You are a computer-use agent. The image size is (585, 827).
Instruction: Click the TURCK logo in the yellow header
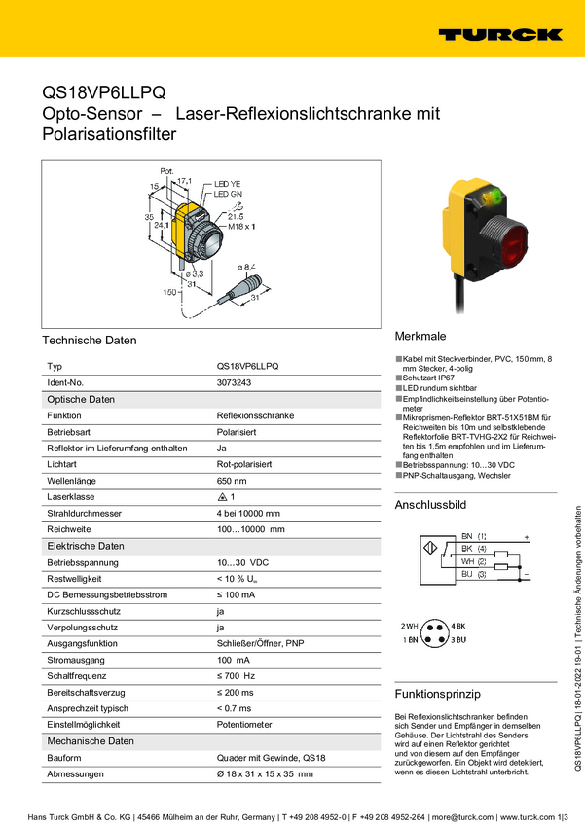click(x=500, y=34)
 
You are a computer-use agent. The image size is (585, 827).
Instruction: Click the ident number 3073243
click(x=234, y=383)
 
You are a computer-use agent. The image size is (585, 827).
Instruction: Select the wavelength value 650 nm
click(x=232, y=480)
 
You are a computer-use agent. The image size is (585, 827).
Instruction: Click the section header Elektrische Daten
click(x=86, y=546)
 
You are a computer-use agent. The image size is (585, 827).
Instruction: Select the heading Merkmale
click(x=420, y=333)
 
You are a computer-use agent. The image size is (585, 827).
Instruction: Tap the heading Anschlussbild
click(x=430, y=506)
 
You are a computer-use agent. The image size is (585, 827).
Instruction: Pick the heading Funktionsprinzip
click(x=438, y=695)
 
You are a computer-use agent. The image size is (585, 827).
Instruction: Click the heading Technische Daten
click(x=90, y=341)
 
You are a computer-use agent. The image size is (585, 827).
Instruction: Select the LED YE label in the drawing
click(x=228, y=184)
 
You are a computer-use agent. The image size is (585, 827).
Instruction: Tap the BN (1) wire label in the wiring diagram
click(x=474, y=536)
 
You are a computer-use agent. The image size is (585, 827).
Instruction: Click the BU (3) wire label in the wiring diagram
click(x=474, y=575)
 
